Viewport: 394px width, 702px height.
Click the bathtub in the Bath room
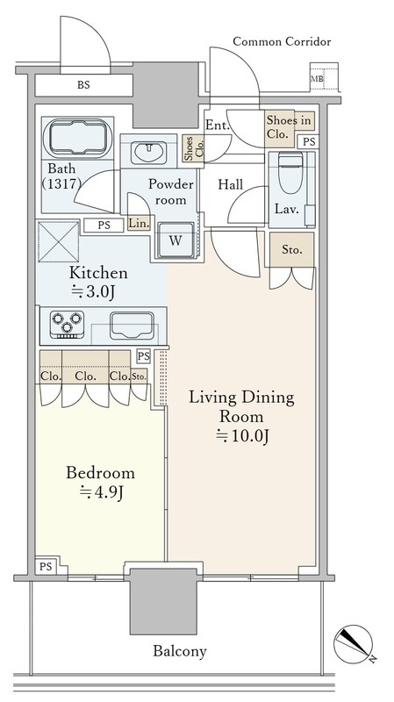[77, 139]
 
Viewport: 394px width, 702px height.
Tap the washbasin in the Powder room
[149, 153]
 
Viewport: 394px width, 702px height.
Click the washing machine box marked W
[176, 240]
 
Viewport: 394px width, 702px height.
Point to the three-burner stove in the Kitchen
[68, 324]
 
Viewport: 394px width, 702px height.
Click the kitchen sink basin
[133, 326]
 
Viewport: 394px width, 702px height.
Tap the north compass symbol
[354, 644]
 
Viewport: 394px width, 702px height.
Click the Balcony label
[180, 650]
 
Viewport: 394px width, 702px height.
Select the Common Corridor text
[282, 41]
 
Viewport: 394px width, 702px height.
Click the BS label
[83, 84]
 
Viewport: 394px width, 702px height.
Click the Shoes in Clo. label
[288, 127]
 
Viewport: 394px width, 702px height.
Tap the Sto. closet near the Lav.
[291, 250]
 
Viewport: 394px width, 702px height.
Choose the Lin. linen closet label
[139, 223]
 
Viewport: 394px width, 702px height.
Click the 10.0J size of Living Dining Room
[242, 435]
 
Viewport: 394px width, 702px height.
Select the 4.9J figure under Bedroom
[101, 492]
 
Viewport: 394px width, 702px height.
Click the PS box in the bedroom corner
[46, 567]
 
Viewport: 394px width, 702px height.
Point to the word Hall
[231, 184]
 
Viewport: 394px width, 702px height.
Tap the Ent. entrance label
[217, 125]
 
